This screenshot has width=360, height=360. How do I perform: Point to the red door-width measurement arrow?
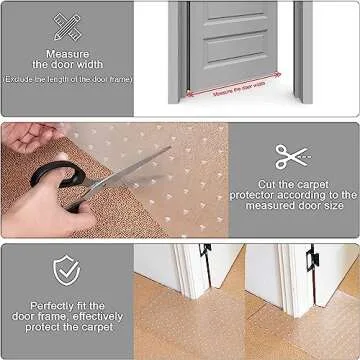click(239, 87)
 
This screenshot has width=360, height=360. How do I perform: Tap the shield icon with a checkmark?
click(68, 268)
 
